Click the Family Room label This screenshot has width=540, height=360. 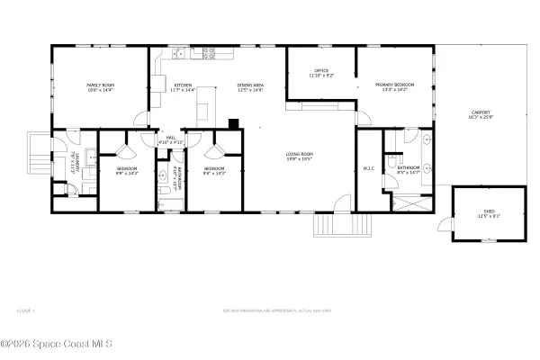[101, 86]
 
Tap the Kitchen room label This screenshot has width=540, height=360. [184, 86]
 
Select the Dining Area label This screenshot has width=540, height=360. [250, 86]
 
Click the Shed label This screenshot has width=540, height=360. [489, 214]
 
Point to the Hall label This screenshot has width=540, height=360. [170, 139]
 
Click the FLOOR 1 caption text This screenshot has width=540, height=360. [26, 310]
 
